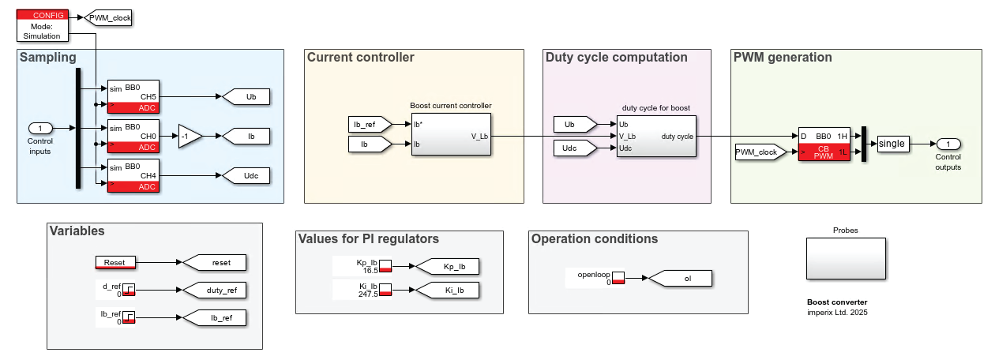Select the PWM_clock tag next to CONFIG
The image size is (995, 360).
coord(109,17)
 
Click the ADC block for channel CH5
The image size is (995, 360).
coord(133,96)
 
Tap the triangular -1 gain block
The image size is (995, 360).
coord(189,136)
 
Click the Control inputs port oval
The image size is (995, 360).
coord(40,128)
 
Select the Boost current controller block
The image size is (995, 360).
coord(451,135)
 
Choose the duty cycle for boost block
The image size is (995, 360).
coord(656,136)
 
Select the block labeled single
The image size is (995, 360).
coord(892,144)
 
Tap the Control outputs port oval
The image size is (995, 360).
coord(948,144)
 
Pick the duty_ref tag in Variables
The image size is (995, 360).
coord(214,290)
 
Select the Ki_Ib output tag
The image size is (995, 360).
coord(448,290)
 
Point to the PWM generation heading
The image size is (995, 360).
coord(783,58)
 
